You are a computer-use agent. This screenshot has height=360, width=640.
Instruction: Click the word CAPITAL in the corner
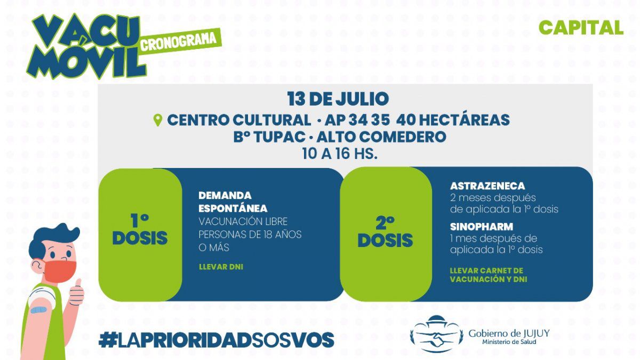coord(581,28)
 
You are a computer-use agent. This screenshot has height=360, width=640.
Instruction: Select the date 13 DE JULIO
coord(338,99)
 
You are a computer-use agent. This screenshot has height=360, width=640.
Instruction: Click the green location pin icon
coord(158,120)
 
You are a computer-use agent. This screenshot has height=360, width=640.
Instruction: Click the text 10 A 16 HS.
coord(340,154)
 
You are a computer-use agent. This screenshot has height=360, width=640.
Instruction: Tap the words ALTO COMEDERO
coord(381,137)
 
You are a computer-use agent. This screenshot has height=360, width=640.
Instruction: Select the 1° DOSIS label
coord(140,229)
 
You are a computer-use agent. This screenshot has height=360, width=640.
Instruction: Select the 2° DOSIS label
coord(385,231)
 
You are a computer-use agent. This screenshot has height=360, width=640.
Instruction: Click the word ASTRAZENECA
coord(487,186)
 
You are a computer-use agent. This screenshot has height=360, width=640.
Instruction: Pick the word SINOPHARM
coord(482,227)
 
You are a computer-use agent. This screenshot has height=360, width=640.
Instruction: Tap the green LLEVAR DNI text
coord(221,267)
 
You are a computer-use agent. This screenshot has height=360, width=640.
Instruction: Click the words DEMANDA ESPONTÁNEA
coord(233,202)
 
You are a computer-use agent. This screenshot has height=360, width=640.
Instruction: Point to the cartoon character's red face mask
coord(59,271)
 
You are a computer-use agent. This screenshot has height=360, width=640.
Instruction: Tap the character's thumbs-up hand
coord(77,293)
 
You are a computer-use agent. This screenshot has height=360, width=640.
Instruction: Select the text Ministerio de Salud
coord(509,342)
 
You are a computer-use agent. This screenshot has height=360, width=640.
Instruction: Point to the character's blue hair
coord(51,238)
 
